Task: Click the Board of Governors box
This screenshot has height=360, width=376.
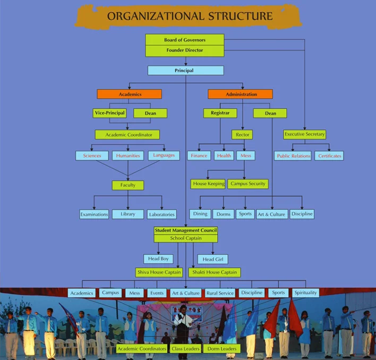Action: tap(184, 40)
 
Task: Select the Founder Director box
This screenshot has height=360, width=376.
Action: tap(184, 51)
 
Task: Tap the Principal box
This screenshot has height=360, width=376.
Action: tap(185, 70)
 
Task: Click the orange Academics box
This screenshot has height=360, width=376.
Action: tap(129, 94)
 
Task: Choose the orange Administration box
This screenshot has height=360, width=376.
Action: tap(240, 94)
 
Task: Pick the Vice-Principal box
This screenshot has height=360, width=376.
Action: tap(109, 113)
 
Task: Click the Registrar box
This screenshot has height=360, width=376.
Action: tap(220, 113)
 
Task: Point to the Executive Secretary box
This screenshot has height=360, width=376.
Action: tap(304, 135)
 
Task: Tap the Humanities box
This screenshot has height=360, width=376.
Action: tap(128, 156)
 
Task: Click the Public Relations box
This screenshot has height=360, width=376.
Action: tap(293, 156)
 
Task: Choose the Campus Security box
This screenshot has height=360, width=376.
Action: tap(248, 184)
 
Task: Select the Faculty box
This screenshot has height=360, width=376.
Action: tap(127, 185)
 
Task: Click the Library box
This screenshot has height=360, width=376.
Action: tap(128, 214)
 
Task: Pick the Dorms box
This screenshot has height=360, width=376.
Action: tap(223, 214)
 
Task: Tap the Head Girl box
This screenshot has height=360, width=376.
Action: tap(213, 259)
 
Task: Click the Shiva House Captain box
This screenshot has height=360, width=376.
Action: tap(159, 272)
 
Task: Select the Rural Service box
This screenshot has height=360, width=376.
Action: tap(220, 293)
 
